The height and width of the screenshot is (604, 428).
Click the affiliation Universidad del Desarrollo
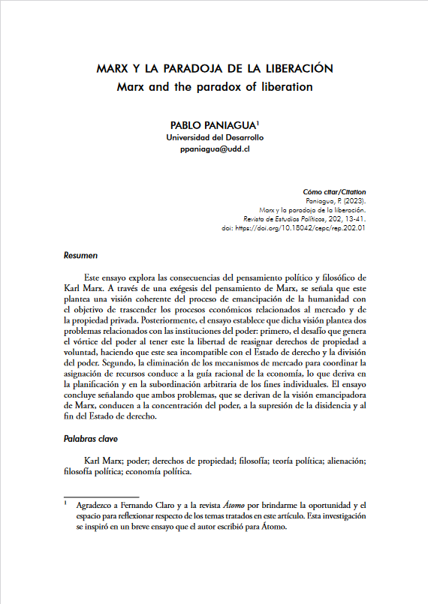(x=215, y=138)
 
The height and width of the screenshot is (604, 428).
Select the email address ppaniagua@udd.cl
(x=215, y=150)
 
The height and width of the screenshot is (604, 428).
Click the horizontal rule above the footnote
(x=101, y=496)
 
